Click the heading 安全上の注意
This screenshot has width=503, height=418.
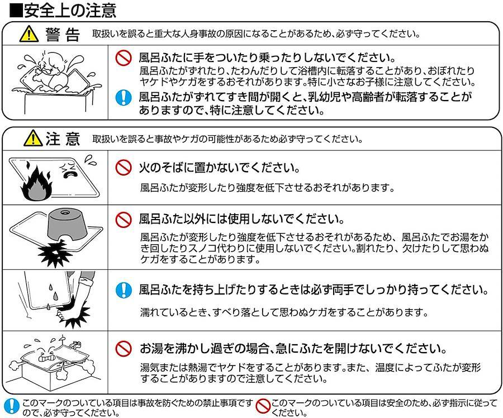coord(70,10)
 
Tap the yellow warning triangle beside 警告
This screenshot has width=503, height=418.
coord(29,34)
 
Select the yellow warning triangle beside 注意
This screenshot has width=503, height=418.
coord(33,138)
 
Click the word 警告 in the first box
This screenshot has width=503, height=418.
coord(63,34)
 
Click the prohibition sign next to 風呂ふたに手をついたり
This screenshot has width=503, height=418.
coord(124,58)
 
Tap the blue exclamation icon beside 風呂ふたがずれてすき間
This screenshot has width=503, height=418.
coord(124,98)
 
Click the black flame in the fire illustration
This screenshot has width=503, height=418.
coord(36,183)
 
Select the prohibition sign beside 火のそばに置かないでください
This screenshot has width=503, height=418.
coord(124,168)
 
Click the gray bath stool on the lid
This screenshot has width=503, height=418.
coord(68,225)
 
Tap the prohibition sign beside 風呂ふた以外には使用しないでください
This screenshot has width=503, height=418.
coord(124,220)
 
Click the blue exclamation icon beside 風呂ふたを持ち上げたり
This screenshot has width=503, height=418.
coord(124,290)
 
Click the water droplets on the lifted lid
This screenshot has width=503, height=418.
coord(51,295)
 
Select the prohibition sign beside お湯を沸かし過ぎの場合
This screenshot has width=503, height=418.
coord(124,349)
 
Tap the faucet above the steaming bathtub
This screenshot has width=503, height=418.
coord(75,345)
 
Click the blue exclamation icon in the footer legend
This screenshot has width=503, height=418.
coord(12,406)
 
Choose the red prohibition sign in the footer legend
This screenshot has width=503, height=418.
coord(263,406)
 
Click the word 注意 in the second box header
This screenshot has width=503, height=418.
coord(63,139)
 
